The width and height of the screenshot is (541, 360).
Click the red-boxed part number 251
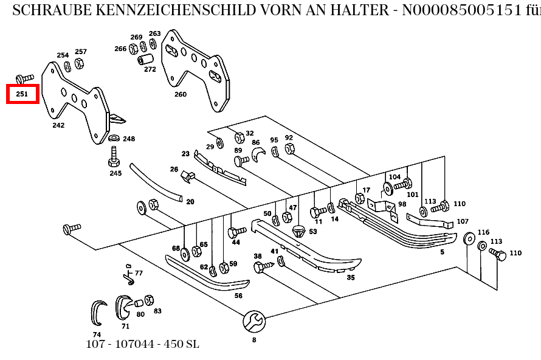22,94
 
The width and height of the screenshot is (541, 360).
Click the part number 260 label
181,94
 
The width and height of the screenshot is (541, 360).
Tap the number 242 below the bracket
58,125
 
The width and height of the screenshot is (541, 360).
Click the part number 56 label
238,296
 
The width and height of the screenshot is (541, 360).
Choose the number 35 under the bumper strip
351,277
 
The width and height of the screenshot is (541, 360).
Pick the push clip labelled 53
298,230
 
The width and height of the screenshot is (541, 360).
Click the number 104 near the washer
395,177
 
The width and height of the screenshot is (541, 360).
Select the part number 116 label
483,232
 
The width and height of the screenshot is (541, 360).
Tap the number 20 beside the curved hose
190,202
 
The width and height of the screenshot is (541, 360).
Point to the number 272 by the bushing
150,69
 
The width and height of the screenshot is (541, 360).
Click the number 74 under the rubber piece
97,334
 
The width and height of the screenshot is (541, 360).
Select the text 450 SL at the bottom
181,344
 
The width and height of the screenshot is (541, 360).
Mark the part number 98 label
402,204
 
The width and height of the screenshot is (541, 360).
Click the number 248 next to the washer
129,139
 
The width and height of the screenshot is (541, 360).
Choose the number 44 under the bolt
236,242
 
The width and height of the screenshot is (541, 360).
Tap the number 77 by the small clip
139,273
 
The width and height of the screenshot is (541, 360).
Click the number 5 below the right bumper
442,251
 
